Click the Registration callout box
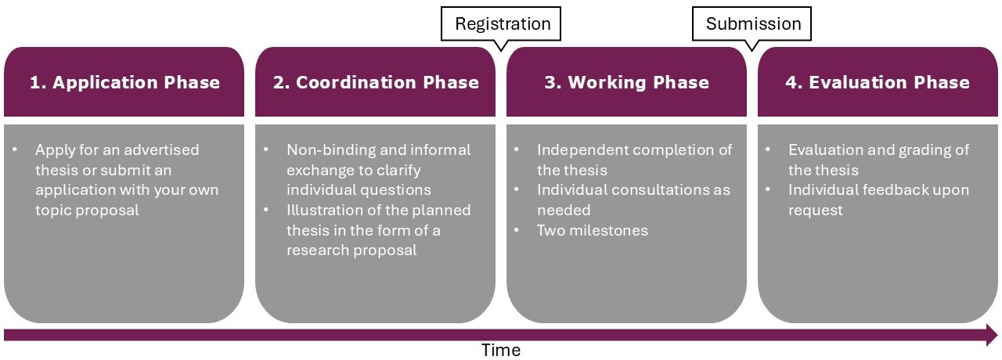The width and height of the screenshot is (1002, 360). pyautogui.click(x=500, y=23)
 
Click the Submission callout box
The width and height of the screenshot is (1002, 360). pyautogui.click(x=751, y=23)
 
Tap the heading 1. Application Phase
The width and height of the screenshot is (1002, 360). pyautogui.click(x=124, y=82)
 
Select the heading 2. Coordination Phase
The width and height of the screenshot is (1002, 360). pyautogui.click(x=376, y=82)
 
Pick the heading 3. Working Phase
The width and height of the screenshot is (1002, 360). pyautogui.click(x=627, y=82)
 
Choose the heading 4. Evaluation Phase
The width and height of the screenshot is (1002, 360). pyautogui.click(x=878, y=82)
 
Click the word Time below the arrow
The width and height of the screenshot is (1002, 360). pyautogui.click(x=501, y=350)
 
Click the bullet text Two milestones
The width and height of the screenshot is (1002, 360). pyautogui.click(x=593, y=230)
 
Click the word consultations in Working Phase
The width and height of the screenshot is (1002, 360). pyautogui.click(x=662, y=190)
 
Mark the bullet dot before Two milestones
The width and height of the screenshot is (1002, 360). pyautogui.click(x=517, y=229)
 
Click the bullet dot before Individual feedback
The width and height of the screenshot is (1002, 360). pyautogui.click(x=768, y=189)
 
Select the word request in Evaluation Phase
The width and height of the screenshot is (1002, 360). pyautogui.click(x=816, y=211)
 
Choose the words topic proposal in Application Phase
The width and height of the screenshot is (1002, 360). pyautogui.click(x=87, y=211)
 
